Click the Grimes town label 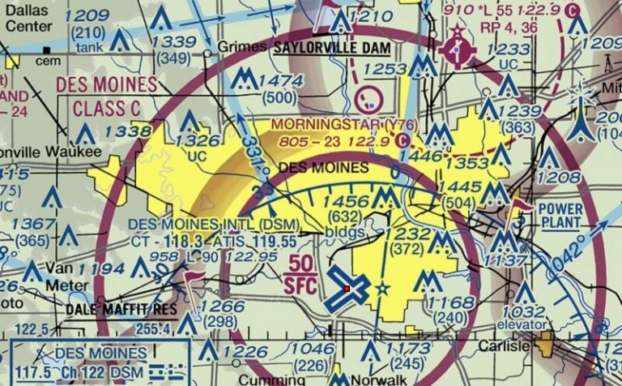pyautogui.click(x=241, y=49)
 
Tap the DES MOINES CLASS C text pyautogui.click(x=105, y=96)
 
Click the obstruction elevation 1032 pyautogui.click(x=523, y=311)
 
